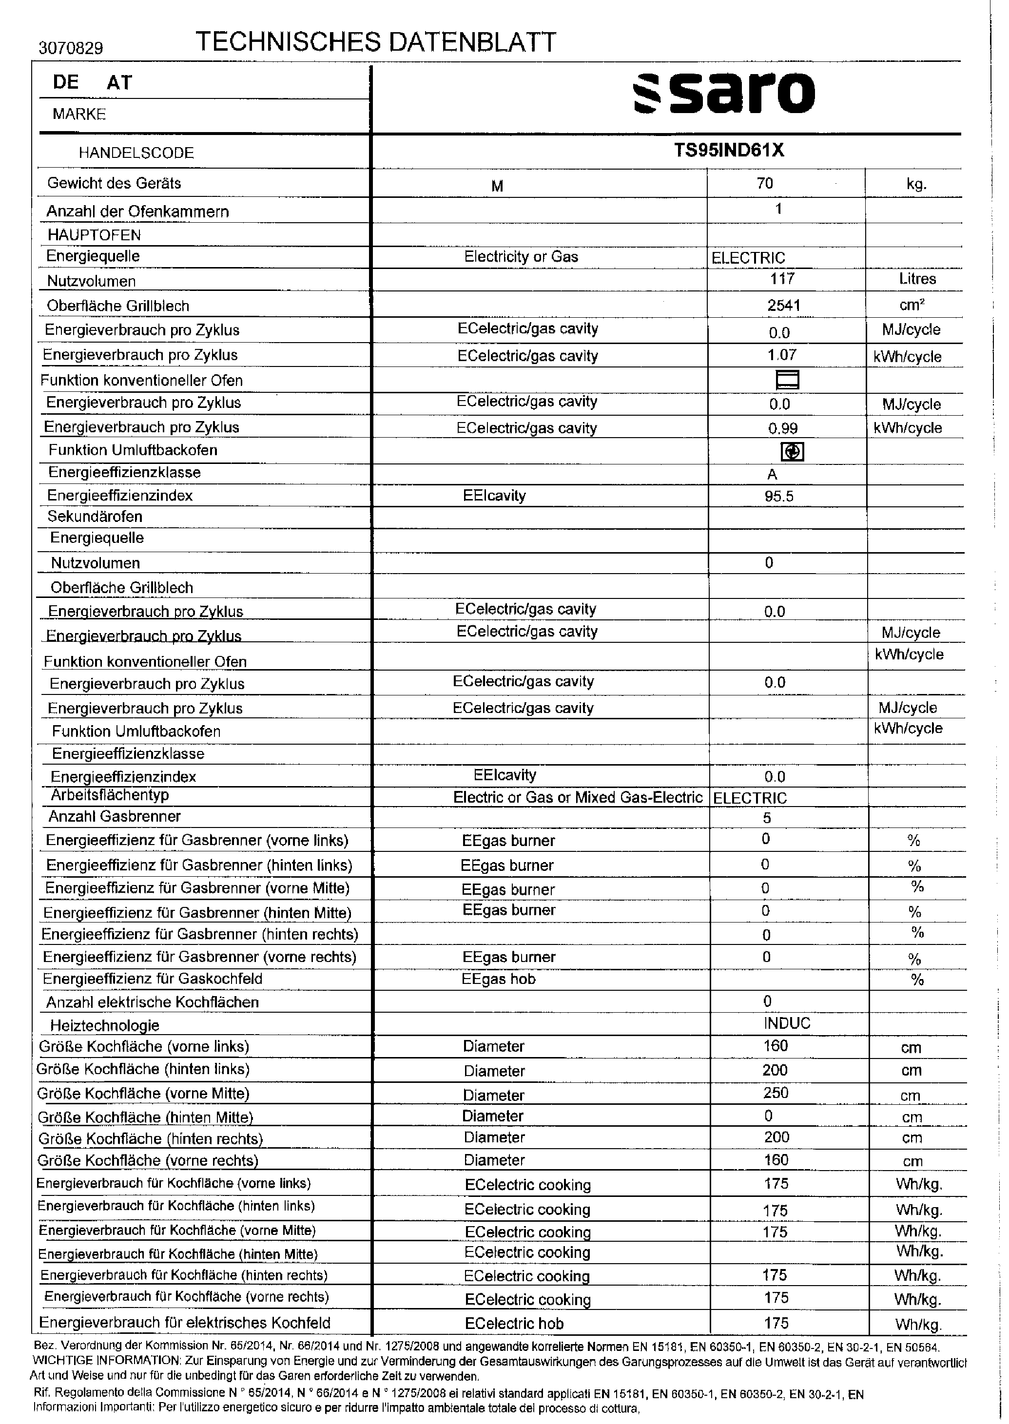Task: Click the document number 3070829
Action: click(x=71, y=48)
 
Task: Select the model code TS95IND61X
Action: click(x=729, y=151)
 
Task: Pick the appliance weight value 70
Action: click(x=765, y=183)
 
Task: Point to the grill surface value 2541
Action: click(x=783, y=306)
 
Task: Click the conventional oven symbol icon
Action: click(x=788, y=380)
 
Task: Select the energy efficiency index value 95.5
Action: click(x=779, y=496)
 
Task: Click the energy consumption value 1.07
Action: click(x=781, y=355)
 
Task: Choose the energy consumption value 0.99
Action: click(x=782, y=428)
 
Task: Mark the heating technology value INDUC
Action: click(x=787, y=1023)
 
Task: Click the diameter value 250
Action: click(x=776, y=1093)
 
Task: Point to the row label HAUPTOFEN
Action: click(x=94, y=235)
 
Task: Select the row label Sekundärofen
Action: click(x=95, y=517)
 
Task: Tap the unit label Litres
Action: click(x=917, y=279)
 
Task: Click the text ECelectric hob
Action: click(x=514, y=1324)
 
